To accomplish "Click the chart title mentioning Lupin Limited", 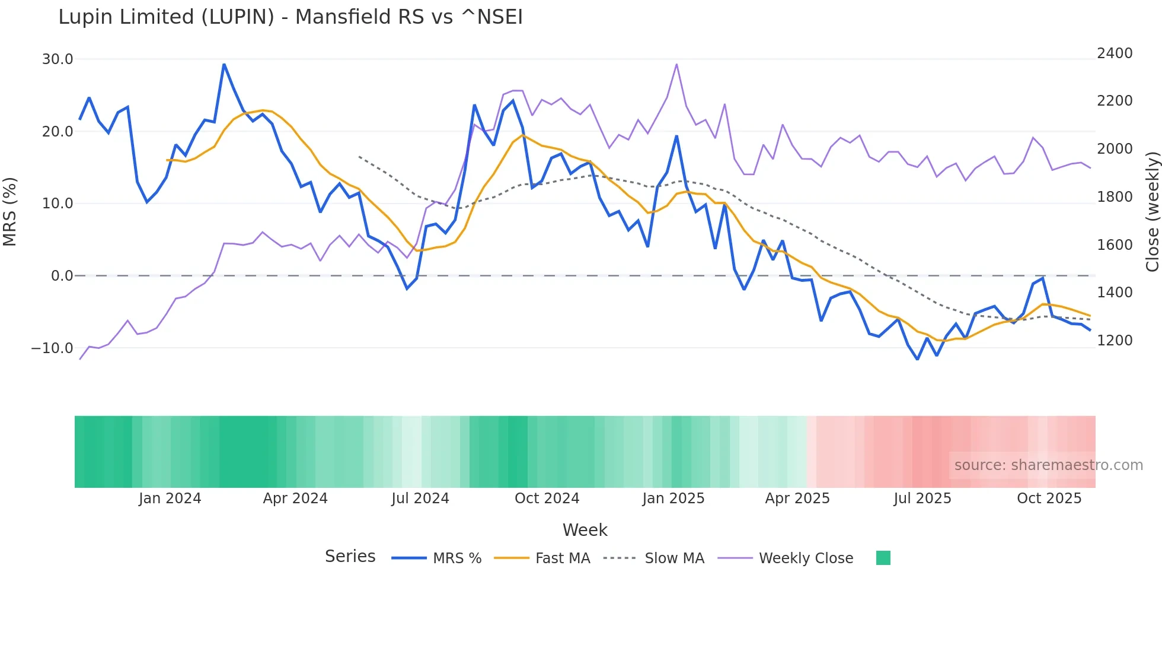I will coord(290,17).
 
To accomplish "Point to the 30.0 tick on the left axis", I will coord(58,59).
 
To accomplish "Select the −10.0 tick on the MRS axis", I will coord(52,348).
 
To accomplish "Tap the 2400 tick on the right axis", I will coord(1115,53).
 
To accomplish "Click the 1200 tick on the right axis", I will coord(1115,341).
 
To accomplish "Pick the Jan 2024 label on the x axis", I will coord(170,499).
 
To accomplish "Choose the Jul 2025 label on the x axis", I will coord(922,499).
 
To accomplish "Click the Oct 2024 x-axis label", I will coord(547,499).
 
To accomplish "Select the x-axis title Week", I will coord(585,530).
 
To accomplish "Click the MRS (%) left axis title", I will coord(10,211).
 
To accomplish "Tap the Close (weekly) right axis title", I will coord(1152,211).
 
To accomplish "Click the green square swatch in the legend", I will coord(883,558).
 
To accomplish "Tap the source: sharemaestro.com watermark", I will coord(1048,465).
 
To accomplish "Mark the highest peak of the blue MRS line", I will coord(224,64).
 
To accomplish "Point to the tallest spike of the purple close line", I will coord(676,65).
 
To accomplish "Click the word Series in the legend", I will coord(350,557).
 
